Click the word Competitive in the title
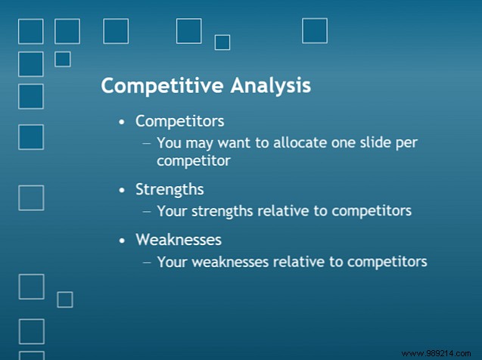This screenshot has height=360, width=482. tap(154, 85)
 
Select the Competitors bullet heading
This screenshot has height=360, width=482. tap(179, 121)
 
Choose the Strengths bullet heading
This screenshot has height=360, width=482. tap(169, 189)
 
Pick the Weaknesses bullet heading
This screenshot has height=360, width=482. tap(179, 240)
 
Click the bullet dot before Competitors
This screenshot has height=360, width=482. tap(123, 122)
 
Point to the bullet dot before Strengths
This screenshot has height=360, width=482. tap(123, 190)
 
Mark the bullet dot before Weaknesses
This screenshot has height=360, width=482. tap(123, 241)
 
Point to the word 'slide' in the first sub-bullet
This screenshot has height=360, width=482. tap(371, 142)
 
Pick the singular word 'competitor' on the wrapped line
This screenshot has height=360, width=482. tap(193, 160)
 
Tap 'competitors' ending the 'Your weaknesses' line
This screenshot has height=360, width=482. tap(390, 262)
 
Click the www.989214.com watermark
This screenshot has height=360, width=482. tap(441, 352)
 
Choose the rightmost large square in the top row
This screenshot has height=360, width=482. tap(315, 31)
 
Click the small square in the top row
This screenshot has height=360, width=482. tap(222, 42)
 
